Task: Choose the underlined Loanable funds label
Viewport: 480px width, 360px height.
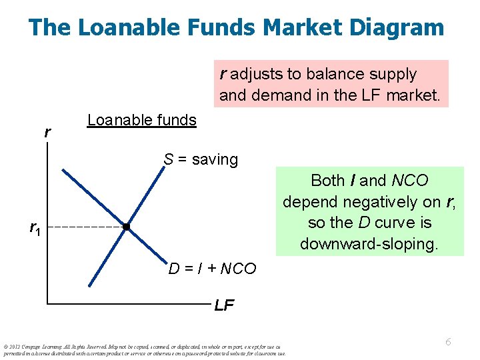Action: point(141,120)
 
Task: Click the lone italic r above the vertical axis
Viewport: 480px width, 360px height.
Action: point(47,132)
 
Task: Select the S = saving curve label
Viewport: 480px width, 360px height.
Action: point(201,159)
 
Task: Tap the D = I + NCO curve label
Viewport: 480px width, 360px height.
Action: point(212,269)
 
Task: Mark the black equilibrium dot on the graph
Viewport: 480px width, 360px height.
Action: point(126,227)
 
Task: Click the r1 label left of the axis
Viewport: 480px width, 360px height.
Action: point(34,228)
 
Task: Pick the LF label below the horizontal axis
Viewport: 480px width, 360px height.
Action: point(224,306)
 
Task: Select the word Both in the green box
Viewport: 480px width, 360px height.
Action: point(327,180)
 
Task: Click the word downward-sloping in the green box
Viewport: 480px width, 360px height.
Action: point(369,244)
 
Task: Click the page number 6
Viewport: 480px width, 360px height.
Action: point(448,341)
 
